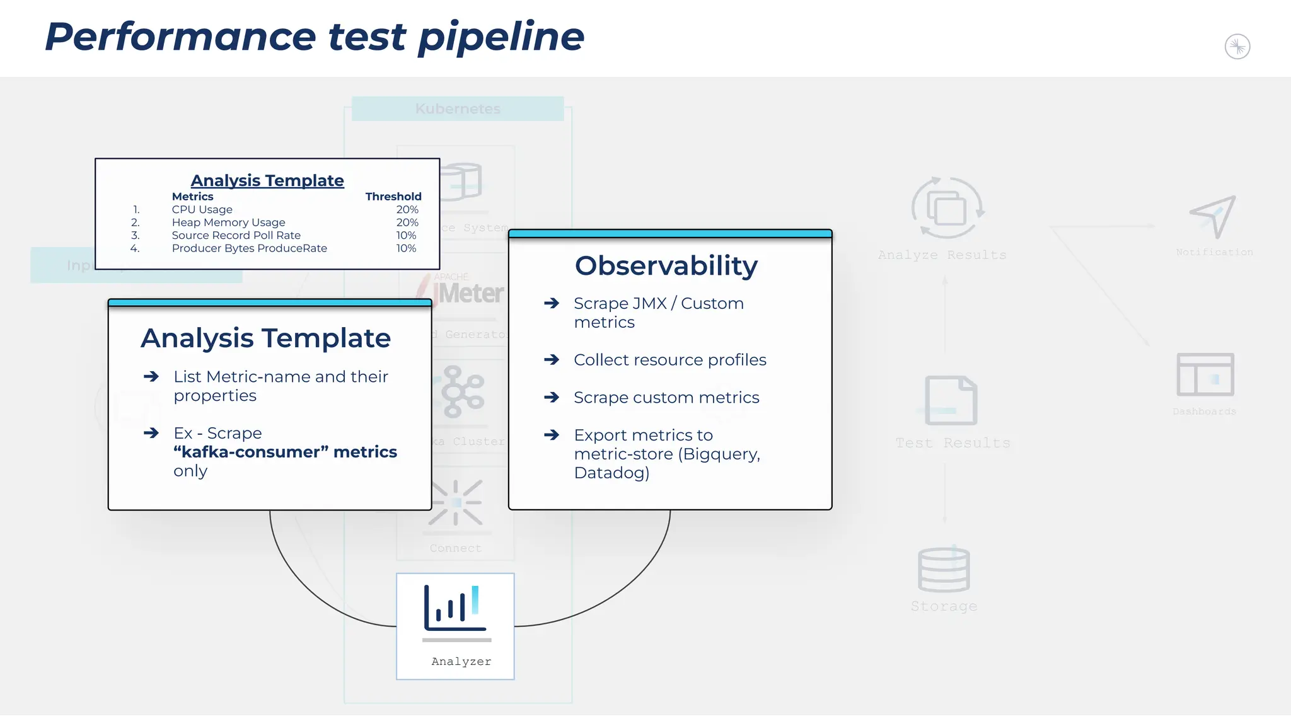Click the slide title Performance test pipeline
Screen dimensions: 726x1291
click(314, 37)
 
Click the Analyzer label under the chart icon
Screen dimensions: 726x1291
click(461, 661)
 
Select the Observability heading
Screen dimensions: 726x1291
click(666, 265)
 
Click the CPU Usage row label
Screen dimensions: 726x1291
click(202, 209)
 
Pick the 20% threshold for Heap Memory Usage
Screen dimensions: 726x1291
click(407, 222)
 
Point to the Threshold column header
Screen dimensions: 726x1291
click(393, 197)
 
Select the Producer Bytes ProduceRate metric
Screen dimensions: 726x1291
click(249, 248)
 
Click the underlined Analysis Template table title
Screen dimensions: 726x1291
click(267, 181)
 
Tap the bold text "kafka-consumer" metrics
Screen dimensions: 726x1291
click(285, 452)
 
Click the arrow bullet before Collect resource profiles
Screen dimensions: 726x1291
click(552, 360)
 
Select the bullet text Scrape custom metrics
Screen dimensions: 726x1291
click(666, 398)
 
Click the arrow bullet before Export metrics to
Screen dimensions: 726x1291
click(552, 435)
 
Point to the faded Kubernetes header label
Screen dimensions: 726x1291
click(458, 108)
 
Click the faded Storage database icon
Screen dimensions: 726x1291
click(944, 570)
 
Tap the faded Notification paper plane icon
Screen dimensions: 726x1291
click(1213, 216)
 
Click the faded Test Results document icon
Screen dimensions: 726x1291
click(951, 401)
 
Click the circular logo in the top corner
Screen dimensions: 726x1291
click(1237, 47)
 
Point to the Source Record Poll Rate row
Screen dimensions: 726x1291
click(236, 235)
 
